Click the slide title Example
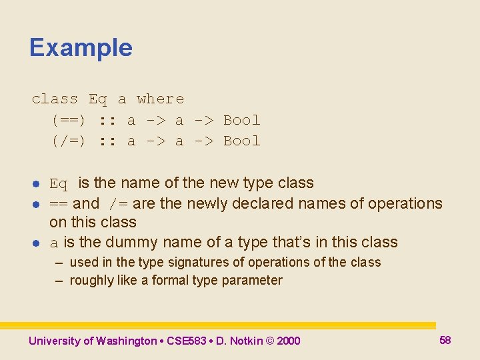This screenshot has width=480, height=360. pos(81,48)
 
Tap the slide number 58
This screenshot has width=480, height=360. pos(445,340)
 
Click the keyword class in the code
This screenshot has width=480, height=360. pos(55,99)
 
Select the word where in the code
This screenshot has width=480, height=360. pos(160,99)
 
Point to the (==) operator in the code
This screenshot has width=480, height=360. pos(69,121)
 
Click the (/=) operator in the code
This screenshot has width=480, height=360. pos(69,141)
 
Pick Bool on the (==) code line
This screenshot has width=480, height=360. pos(241,121)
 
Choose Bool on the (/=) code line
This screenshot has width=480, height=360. pos(241,141)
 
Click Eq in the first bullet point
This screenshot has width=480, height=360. pos(59,184)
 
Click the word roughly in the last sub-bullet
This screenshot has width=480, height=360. pos(91,281)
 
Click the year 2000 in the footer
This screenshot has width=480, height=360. pos(288,341)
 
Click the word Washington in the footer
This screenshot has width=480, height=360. pos(126,341)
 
